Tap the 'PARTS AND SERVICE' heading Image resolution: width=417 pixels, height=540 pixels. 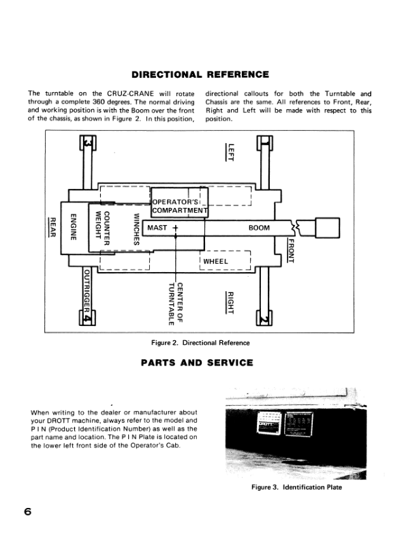pyautogui.click(x=196, y=363)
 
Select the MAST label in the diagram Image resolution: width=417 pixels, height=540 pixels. pyautogui.click(x=157, y=228)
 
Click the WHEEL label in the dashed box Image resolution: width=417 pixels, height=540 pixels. pyautogui.click(x=215, y=261)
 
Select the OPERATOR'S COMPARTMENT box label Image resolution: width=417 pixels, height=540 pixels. pyautogui.click(x=178, y=206)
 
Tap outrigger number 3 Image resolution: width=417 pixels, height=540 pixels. pyautogui.click(x=87, y=144)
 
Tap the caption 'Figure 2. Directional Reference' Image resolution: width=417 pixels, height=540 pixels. pyautogui.click(x=200, y=342)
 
